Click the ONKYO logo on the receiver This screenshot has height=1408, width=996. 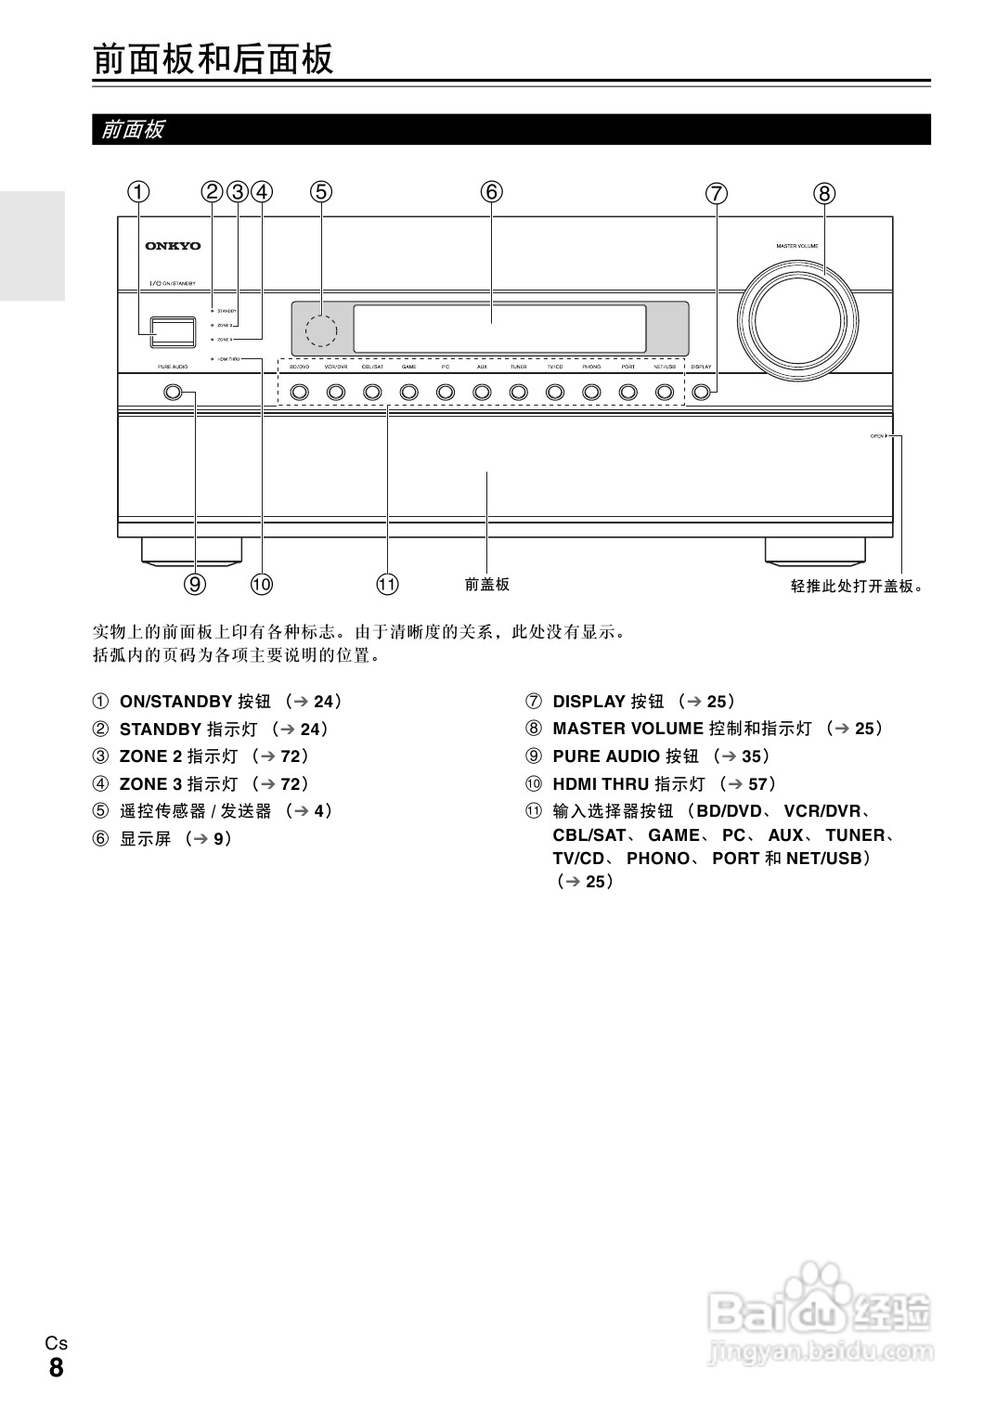coord(173,246)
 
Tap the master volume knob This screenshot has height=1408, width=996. coord(797,320)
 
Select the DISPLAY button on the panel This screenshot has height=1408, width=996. coord(702,393)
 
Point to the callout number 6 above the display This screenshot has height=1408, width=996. coord(491,192)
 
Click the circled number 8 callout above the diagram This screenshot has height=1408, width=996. coord(824,194)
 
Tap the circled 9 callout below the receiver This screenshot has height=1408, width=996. coord(195,584)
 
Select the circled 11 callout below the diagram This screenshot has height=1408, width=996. coord(387,584)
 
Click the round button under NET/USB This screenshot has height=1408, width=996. coord(665,393)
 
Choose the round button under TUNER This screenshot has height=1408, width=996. coord(518,393)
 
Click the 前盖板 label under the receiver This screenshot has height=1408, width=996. coord(487,584)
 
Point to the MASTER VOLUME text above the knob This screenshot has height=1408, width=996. coord(797,246)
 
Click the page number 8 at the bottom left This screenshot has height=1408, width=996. coord(57,1368)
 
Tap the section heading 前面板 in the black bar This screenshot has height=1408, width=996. coord(133,129)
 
